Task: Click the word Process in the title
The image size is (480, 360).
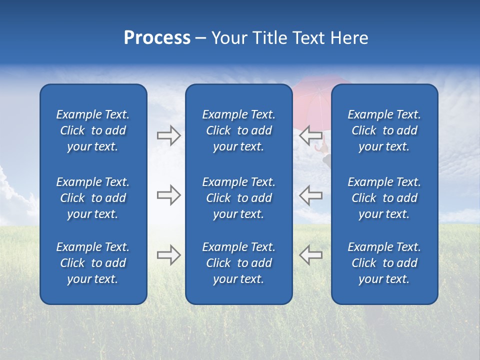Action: coord(157,38)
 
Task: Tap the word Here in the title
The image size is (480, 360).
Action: coord(348,38)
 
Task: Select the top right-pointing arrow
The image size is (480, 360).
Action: coord(168,135)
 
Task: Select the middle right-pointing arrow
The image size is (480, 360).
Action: coord(168,195)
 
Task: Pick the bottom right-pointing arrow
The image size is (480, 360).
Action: coord(168,254)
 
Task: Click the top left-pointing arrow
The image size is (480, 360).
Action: coord(310,135)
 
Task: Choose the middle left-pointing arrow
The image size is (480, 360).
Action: coord(310,195)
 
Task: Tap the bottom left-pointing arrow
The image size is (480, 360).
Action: coord(310,254)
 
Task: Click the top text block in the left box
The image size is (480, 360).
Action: coord(93,130)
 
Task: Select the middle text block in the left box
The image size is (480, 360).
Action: coord(93,198)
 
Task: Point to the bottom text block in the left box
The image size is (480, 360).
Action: coord(93,263)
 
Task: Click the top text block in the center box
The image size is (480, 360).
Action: coord(238,130)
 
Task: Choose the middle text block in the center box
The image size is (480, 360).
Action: coord(238,198)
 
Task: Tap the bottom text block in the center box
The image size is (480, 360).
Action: coord(238,263)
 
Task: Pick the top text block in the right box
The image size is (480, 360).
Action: coord(384,130)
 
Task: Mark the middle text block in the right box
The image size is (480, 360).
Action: coord(384,198)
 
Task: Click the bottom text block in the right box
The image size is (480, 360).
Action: coord(384,263)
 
